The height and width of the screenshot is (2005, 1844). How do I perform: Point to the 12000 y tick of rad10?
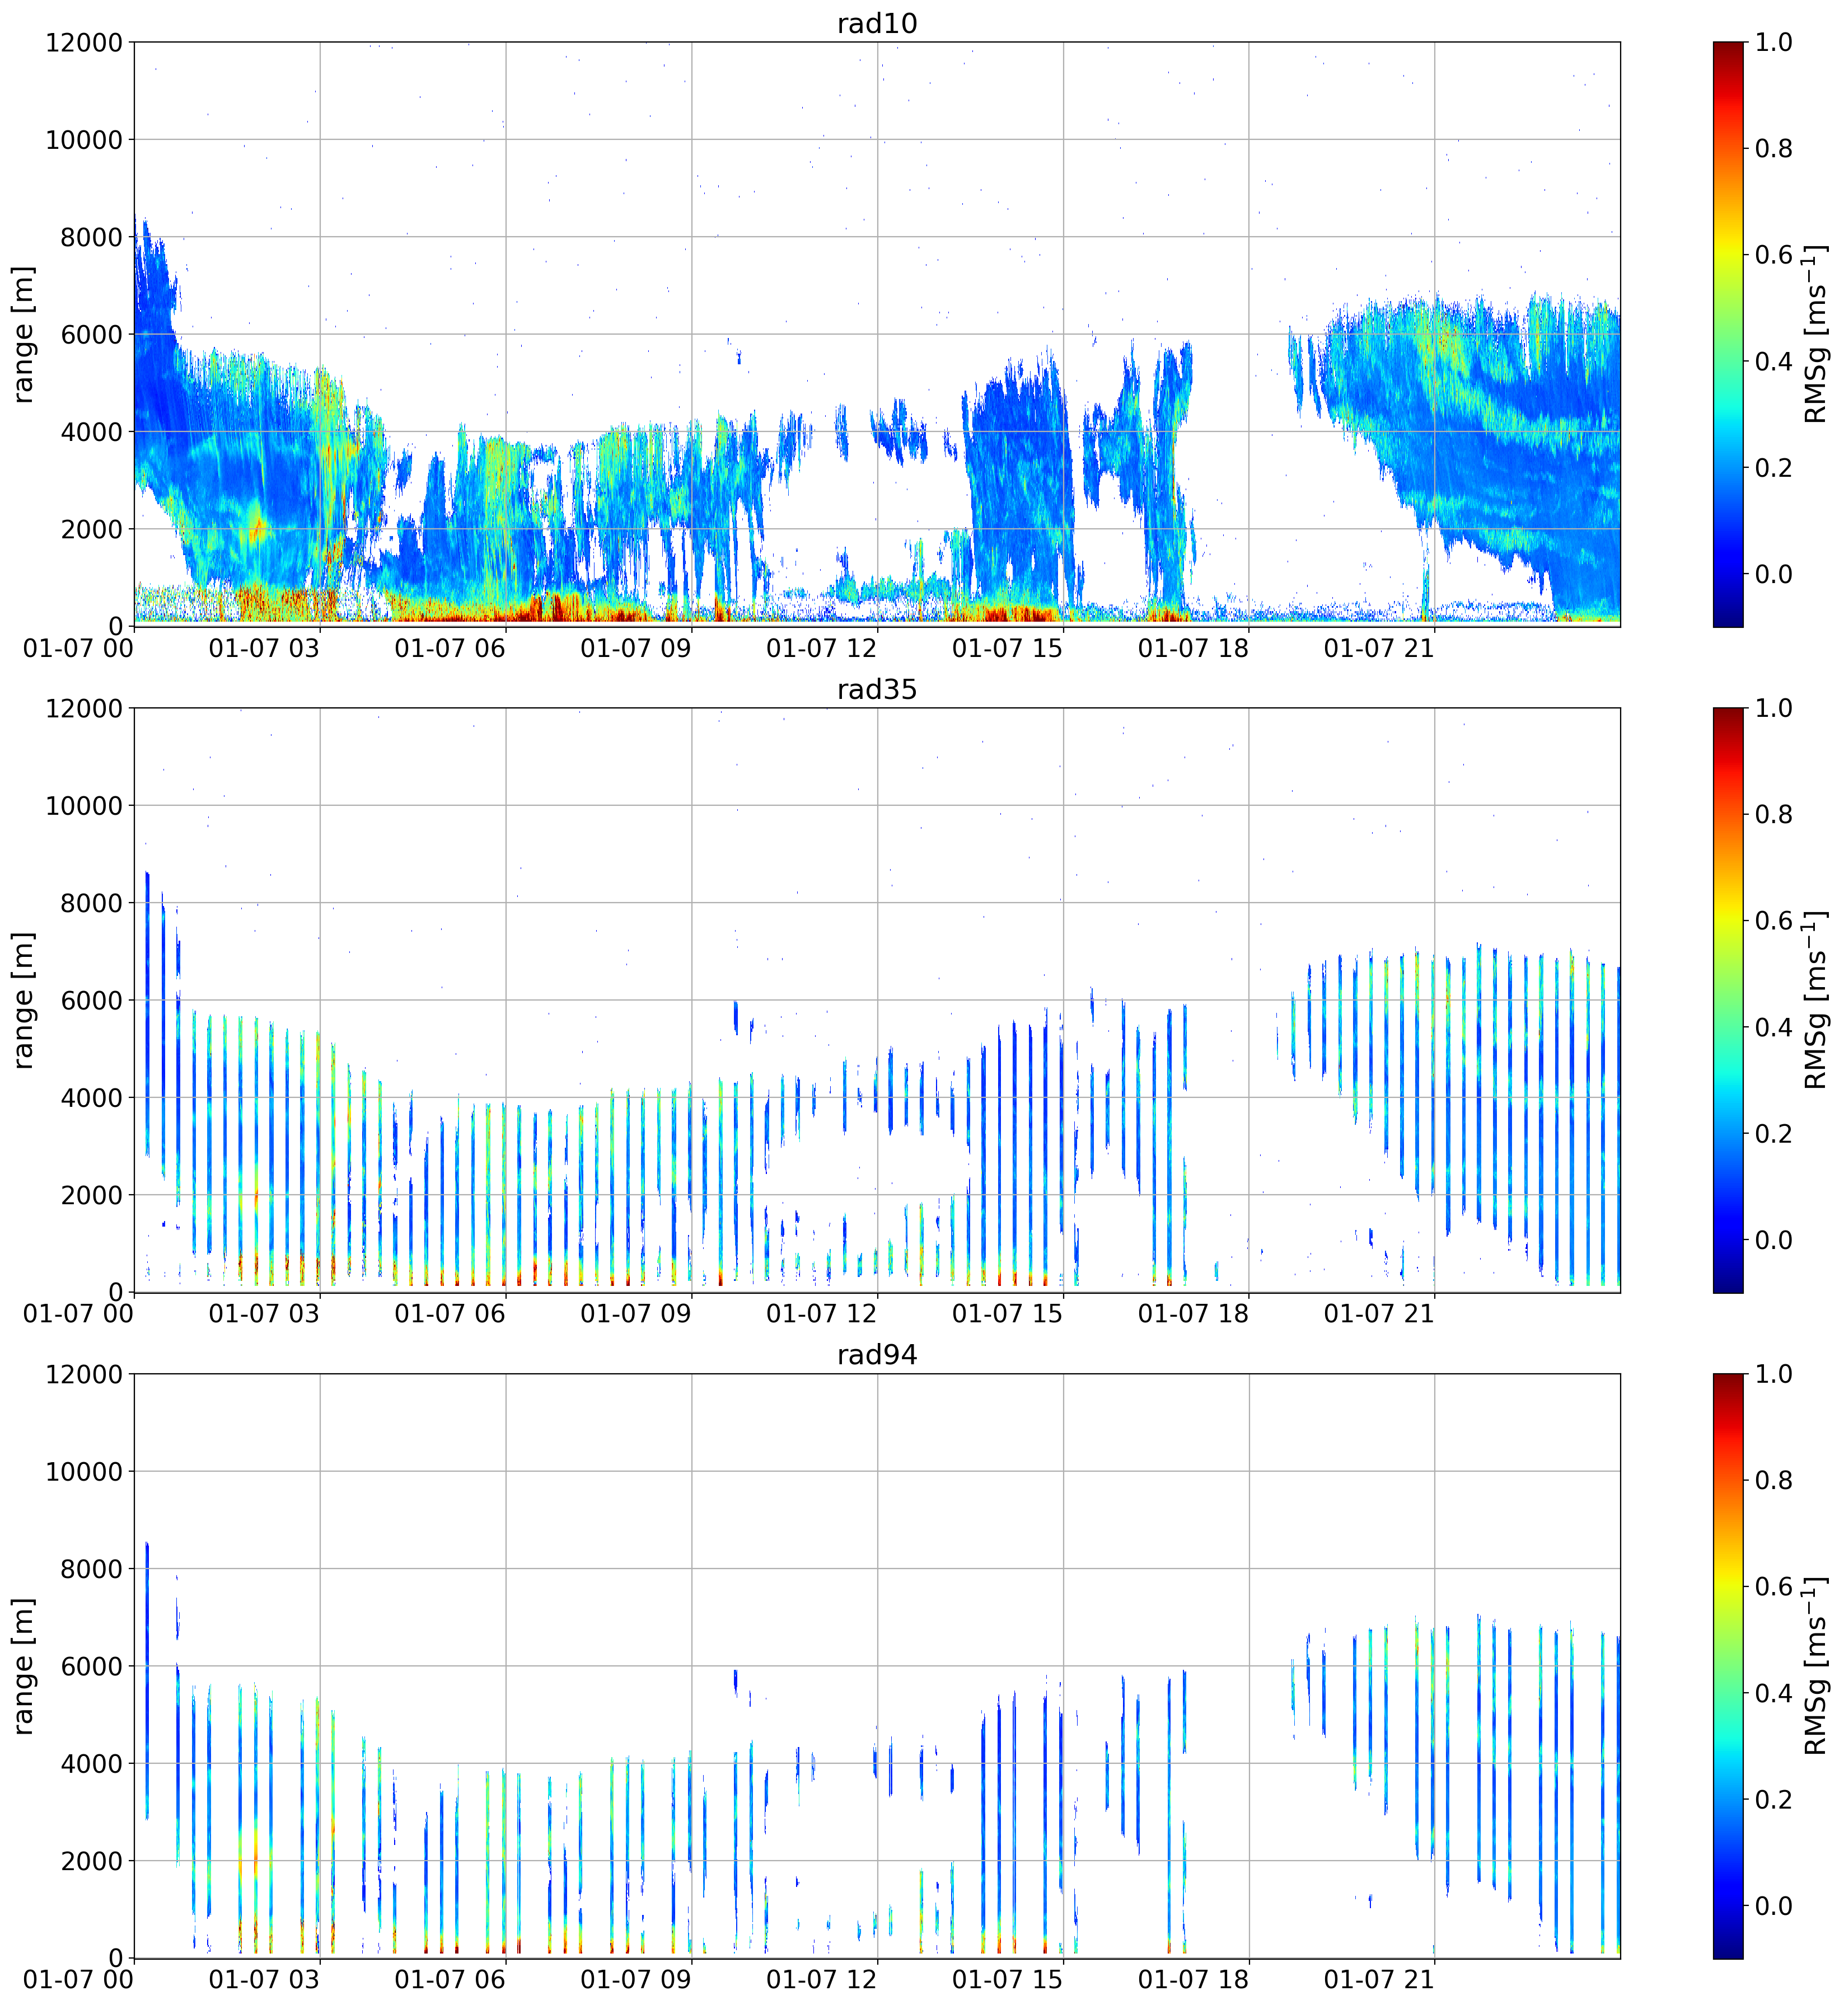click(84, 43)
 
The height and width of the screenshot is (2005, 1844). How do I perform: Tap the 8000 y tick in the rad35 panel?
click(92, 903)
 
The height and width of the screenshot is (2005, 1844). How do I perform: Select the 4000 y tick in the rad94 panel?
click(92, 1764)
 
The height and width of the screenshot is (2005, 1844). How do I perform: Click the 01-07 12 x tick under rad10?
click(821, 649)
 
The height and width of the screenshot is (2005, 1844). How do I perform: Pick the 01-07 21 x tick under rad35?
click(1379, 1314)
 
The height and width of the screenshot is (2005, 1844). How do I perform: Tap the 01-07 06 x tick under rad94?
click(450, 1980)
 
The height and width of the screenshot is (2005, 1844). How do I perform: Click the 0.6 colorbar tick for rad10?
click(1773, 255)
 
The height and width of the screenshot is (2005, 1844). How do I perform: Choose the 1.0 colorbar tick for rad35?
click(1773, 708)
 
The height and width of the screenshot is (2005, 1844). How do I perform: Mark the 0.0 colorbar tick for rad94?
click(1773, 1907)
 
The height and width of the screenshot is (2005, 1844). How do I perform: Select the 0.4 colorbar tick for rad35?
click(1773, 1027)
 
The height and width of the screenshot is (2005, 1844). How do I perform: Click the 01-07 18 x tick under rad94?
click(1194, 1980)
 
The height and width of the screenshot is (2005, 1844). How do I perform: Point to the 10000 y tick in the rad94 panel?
click(84, 1471)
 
